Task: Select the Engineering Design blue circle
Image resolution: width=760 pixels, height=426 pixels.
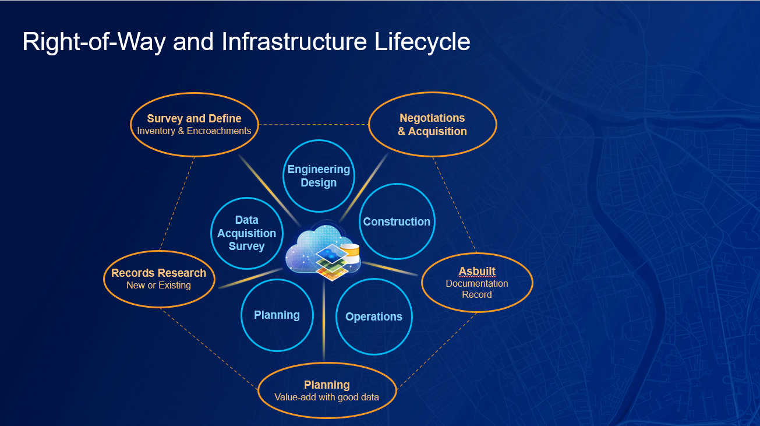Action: point(319,176)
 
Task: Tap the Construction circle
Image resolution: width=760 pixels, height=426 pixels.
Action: point(397,221)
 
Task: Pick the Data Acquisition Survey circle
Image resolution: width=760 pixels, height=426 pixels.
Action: point(247,233)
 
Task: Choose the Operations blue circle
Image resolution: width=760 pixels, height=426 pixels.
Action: point(374,316)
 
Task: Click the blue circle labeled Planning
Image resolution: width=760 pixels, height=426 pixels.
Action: point(277,315)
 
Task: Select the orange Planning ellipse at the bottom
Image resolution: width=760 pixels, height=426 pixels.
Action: point(327,390)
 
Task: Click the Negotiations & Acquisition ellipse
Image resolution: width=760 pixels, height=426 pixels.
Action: point(432,125)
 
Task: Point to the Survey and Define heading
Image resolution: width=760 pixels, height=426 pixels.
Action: point(194,118)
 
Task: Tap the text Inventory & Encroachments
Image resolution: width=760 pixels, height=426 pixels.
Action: point(194,131)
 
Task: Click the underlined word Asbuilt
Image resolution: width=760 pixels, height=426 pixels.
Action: point(477,271)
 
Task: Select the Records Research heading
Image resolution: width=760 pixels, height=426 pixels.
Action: point(158,273)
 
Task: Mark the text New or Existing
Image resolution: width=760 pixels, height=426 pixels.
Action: point(158,286)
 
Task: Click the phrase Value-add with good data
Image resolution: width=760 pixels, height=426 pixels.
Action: point(327,397)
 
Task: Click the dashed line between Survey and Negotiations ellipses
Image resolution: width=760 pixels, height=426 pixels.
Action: point(313,124)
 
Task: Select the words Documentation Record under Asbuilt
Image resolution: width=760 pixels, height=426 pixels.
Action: point(477,289)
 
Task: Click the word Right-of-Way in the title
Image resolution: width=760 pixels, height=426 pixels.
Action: point(93,42)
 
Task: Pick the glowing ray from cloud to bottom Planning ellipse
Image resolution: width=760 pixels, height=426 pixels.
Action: point(324,326)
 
